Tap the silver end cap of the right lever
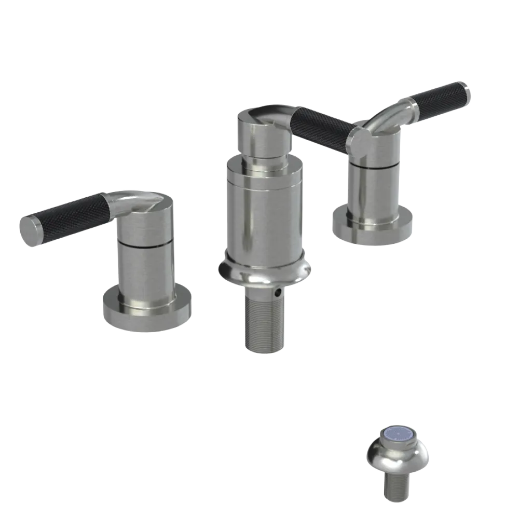coord(469,93)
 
